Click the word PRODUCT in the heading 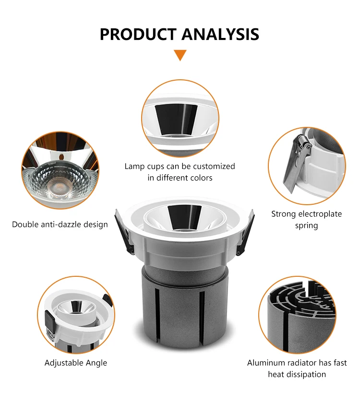coord(138,34)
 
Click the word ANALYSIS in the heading coord(220,34)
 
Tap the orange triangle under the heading coord(180,55)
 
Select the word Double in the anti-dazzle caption coord(25,224)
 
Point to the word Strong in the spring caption coord(284,214)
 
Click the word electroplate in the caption coord(320,214)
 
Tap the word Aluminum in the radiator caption coord(264,363)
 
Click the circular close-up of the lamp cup coord(180,118)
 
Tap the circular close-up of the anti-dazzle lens coord(60,170)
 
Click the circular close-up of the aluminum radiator coord(297,315)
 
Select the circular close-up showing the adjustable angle coord(76,315)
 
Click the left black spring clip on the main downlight coord(124,232)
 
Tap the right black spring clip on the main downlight coord(246,232)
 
